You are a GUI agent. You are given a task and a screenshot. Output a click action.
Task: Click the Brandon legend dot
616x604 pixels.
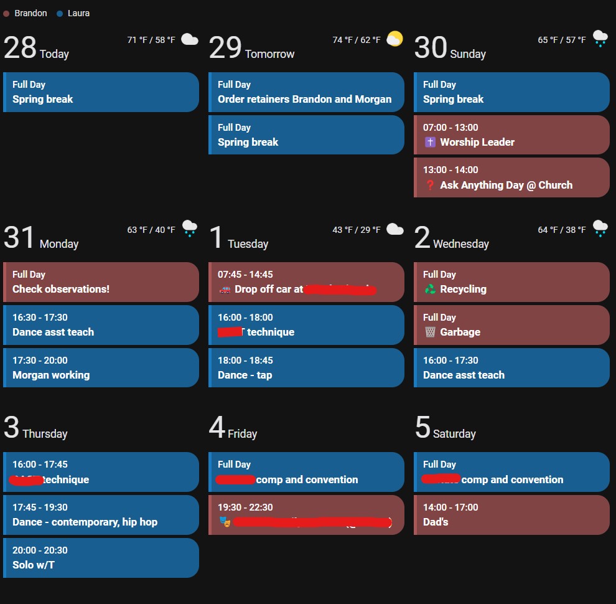coord(6,13)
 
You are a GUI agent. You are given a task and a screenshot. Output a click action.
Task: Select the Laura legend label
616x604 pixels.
coord(78,13)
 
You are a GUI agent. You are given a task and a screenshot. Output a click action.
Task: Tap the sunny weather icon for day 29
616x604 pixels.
coord(394,39)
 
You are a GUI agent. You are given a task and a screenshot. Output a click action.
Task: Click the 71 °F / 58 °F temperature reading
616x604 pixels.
coord(151,40)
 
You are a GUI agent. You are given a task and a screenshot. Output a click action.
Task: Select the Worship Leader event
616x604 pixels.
coord(511,135)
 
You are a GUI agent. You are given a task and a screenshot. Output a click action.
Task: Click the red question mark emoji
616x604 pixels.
coord(430,185)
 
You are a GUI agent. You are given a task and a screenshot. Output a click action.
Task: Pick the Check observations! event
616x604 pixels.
coord(101,282)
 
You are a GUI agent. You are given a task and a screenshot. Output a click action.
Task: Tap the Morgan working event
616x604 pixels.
coord(101,368)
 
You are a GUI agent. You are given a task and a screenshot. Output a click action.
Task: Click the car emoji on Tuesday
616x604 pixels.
coord(225,289)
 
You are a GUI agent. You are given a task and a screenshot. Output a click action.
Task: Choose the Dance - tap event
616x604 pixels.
coord(306,368)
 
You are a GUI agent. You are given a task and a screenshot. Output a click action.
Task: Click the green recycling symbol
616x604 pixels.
coord(430,289)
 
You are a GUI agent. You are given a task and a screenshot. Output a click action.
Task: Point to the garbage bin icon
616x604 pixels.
coord(430,332)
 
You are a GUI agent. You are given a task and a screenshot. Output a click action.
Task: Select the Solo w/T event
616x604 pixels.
coord(101,558)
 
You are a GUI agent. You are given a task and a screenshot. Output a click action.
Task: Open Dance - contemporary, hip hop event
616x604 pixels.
coord(101,515)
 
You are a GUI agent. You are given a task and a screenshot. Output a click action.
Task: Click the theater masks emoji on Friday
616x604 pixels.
coord(225,522)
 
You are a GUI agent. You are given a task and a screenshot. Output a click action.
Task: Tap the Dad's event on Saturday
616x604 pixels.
coord(511,515)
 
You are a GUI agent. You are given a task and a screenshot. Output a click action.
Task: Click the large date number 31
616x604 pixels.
coord(20,237)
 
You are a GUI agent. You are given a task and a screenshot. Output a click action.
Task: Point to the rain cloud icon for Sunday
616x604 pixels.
coord(600,39)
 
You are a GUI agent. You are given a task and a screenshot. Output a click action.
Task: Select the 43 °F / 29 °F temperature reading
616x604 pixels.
coord(357,230)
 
